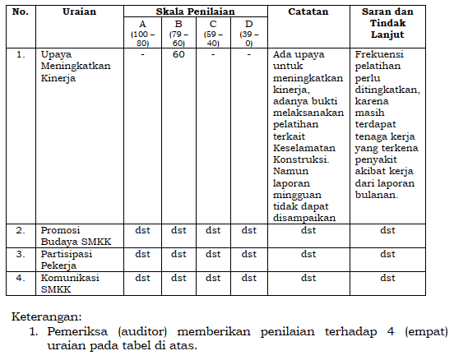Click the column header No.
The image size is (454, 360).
tap(21, 13)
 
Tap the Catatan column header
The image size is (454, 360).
tap(308, 13)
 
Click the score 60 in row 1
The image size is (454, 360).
tap(178, 54)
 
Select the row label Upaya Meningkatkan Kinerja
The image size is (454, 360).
tap(76, 66)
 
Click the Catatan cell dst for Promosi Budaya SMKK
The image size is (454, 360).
tap(308, 231)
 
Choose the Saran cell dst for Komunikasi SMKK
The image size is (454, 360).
tap(387, 278)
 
